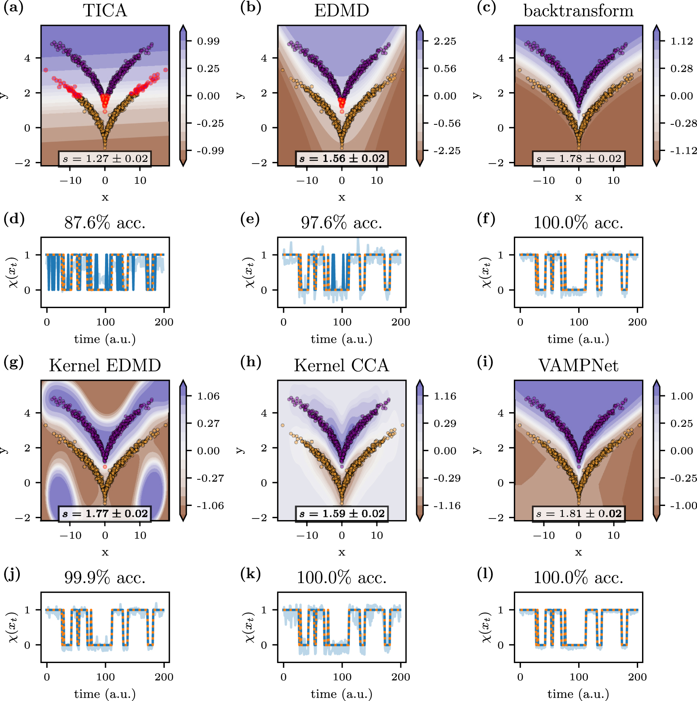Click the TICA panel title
pyautogui.click(x=105, y=10)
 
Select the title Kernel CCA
pyautogui.click(x=341, y=365)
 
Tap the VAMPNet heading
pyautogui.click(x=578, y=365)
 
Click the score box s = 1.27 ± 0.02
pyautogui.click(x=105, y=158)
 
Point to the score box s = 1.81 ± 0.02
pyautogui.click(x=578, y=513)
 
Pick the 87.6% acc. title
pyautogui.click(x=105, y=222)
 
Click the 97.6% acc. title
pyautogui.click(x=341, y=222)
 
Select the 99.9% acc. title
pyautogui.click(x=105, y=577)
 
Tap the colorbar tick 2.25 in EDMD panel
pyautogui.click(x=445, y=41)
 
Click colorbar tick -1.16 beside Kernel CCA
pyautogui.click(x=446, y=506)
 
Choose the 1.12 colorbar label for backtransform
pyautogui.click(x=682, y=41)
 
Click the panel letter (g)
pyautogui.click(x=13, y=362)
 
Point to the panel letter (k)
pyautogui.click(x=250, y=573)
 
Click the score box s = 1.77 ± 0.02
pyautogui.click(x=105, y=513)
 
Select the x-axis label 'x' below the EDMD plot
pyautogui.click(x=342, y=197)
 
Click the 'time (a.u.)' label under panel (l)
pyautogui.click(x=578, y=694)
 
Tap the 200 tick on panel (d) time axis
pyautogui.click(x=164, y=322)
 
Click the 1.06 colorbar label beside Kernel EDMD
pyautogui.click(x=208, y=396)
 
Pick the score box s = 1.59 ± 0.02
pyautogui.click(x=341, y=513)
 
